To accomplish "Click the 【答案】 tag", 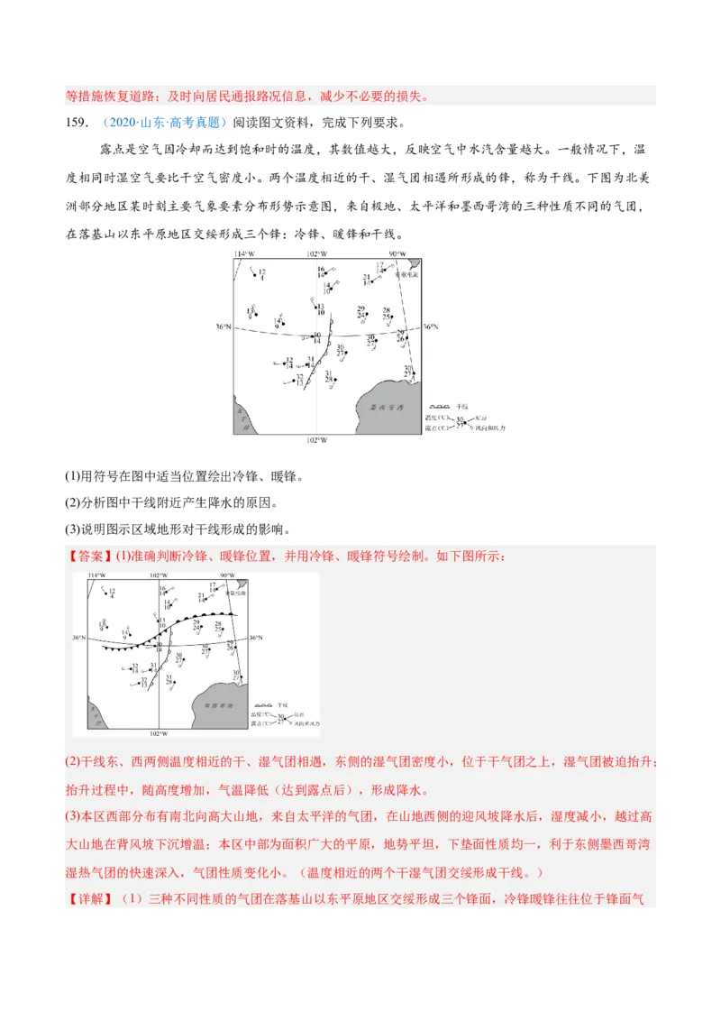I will click(x=89, y=556).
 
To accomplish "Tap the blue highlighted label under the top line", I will click(x=165, y=123).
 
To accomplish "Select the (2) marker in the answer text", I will click(x=73, y=762).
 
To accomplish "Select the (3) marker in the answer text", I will click(x=73, y=816).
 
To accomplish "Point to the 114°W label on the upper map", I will click(x=245, y=254).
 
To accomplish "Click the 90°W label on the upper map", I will click(x=397, y=254).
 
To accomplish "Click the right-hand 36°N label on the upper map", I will click(x=430, y=327).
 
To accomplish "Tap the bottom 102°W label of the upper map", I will click(x=317, y=439).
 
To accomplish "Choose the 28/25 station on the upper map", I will click(x=387, y=315).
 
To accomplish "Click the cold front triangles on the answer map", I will click(x=126, y=647).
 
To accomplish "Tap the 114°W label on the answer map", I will click(x=96, y=575).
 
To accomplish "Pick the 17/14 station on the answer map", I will click(x=213, y=587).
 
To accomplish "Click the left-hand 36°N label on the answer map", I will click(x=79, y=639).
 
